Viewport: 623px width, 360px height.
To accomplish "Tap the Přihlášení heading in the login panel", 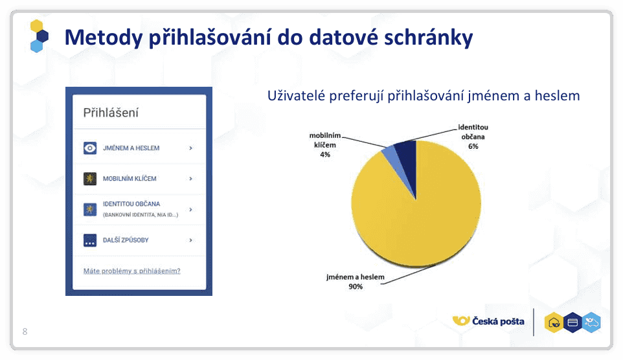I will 111,113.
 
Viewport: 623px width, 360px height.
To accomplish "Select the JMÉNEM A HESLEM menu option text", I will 131,148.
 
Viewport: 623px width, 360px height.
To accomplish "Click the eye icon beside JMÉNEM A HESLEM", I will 90,148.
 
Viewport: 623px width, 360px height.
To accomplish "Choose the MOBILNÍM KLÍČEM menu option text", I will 130,179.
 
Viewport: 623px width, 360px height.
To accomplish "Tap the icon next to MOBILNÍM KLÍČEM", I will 90,179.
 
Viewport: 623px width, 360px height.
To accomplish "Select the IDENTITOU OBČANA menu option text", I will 131,204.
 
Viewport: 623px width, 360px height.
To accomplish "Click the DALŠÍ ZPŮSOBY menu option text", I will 126,240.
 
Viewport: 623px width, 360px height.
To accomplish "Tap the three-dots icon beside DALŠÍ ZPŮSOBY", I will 90,240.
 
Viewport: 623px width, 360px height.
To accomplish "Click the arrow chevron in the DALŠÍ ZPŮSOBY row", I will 190,240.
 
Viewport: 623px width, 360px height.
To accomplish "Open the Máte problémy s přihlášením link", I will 132,271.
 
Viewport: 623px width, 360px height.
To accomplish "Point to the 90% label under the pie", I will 354,286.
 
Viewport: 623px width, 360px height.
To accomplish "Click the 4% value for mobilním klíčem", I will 324,155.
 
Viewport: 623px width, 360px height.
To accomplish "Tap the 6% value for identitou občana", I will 473,146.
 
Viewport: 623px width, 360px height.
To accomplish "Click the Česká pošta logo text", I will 498,321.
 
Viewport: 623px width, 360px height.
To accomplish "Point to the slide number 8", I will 25,332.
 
